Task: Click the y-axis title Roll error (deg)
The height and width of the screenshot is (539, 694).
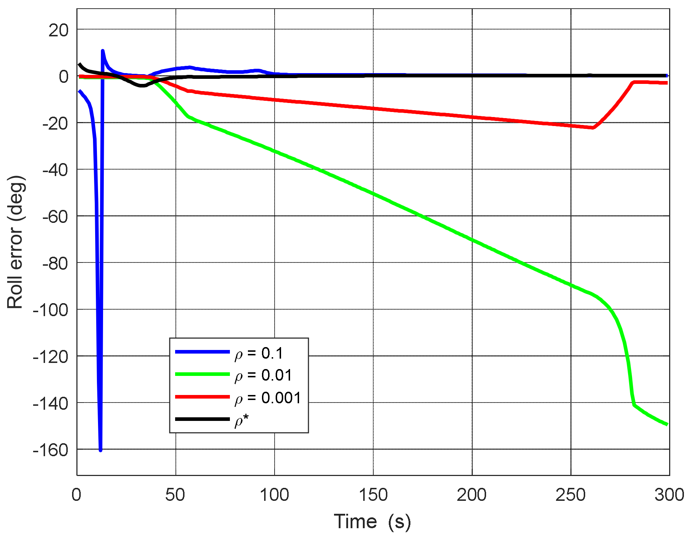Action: click(15, 242)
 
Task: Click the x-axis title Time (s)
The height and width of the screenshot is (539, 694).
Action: click(372, 521)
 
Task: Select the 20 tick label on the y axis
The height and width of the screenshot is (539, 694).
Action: click(58, 30)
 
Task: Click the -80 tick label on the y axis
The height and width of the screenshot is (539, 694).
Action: click(55, 264)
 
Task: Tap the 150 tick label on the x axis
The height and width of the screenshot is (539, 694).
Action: click(373, 495)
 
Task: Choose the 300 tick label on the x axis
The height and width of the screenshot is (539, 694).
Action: click(669, 495)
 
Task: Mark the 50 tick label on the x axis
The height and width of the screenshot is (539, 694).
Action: click(175, 495)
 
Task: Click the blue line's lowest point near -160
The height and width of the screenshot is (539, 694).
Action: click(101, 450)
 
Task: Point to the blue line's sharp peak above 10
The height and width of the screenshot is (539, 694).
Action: click(103, 51)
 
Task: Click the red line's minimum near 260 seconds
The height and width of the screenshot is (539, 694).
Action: click(593, 127)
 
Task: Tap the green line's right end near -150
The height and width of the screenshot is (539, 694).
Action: click(667, 424)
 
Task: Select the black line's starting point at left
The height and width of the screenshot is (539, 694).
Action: click(80, 64)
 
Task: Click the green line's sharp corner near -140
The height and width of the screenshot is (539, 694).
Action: click(634, 405)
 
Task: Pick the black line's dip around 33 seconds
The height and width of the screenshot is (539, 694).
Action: click(142, 86)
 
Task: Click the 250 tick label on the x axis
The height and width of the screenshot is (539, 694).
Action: click(571, 495)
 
